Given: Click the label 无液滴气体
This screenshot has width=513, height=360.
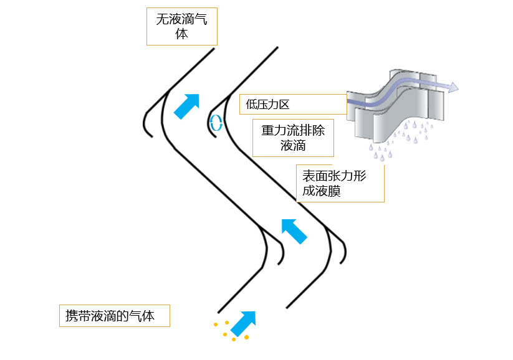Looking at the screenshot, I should pyautogui.click(x=181, y=26).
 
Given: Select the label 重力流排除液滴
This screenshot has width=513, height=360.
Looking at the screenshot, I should pyautogui.click(x=293, y=138).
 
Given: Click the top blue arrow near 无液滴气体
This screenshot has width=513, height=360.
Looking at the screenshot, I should pyautogui.click(x=188, y=105).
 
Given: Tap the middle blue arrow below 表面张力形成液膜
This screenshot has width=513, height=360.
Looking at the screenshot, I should pyautogui.click(x=294, y=230).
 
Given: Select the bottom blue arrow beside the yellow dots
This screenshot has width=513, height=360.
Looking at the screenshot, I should pyautogui.click(x=243, y=322).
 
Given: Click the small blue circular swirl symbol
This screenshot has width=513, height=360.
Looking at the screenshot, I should pyautogui.click(x=216, y=123).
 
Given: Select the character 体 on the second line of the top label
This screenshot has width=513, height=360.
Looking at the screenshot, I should pyautogui.click(x=181, y=34).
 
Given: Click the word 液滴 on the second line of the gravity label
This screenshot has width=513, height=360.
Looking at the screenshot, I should pyautogui.click(x=293, y=146).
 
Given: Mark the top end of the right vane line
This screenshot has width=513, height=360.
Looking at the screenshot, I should pyautogui.click(x=276, y=47).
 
